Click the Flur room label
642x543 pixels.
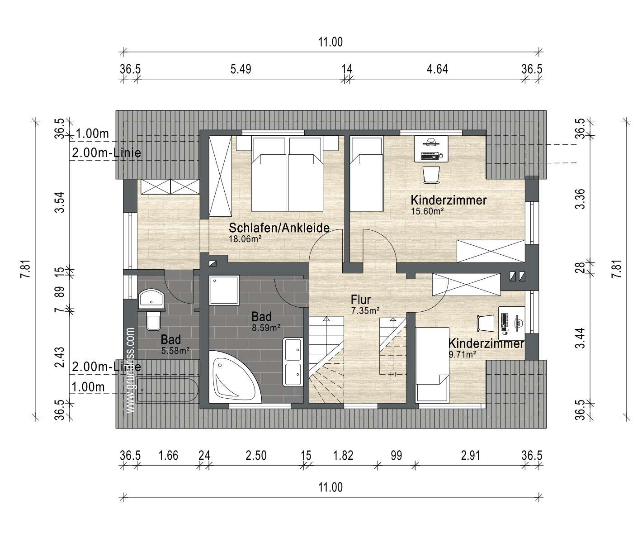pyautogui.click(x=361, y=300)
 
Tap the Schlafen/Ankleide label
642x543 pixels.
pyautogui.click(x=279, y=228)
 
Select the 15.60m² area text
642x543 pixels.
pyautogui.click(x=427, y=211)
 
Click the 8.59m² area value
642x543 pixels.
pyautogui.click(x=266, y=328)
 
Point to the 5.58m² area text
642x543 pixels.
pyautogui.click(x=175, y=351)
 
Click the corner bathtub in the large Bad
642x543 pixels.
pyautogui.click(x=235, y=376)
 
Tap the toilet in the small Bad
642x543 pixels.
pyautogui.click(x=153, y=320)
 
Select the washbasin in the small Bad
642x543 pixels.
pyautogui.click(x=151, y=299)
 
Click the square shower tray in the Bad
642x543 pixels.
pyautogui.click(x=224, y=290)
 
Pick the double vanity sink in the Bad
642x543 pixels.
pyautogui.click(x=293, y=362)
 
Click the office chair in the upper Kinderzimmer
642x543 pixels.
pyautogui.click(x=431, y=175)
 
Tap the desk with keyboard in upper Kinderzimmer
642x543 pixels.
pyautogui.click(x=431, y=149)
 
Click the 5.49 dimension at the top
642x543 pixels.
pyautogui.click(x=241, y=69)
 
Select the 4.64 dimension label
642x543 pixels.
pyautogui.click(x=437, y=69)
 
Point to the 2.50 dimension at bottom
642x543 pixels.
pyautogui.click(x=256, y=456)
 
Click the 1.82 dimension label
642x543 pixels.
pyautogui.click(x=343, y=456)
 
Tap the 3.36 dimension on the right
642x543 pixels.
pyautogui.click(x=580, y=199)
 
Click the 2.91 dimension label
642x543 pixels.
pyautogui.click(x=471, y=456)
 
